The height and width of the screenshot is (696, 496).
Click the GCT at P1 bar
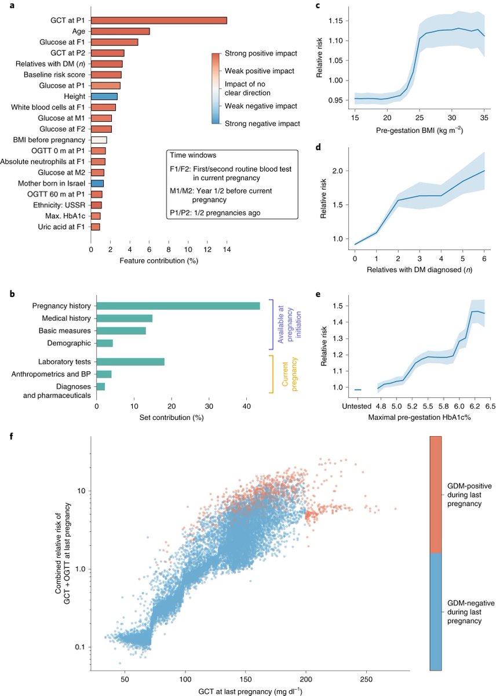coord(158,20)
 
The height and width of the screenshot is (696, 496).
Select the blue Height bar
coord(104,96)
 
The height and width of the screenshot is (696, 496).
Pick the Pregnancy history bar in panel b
coord(178,306)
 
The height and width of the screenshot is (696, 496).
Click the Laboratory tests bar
coord(130,362)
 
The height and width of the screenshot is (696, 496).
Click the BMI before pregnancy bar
coord(99,140)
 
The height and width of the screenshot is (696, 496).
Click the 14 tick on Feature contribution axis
coord(227,250)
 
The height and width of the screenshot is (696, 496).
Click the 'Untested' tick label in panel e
coord(358,400)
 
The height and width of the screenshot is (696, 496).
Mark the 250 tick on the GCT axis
coord(366,679)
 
